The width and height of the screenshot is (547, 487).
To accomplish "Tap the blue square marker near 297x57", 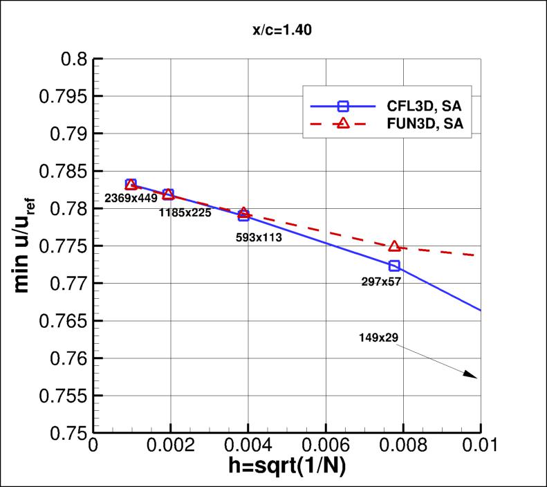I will click(394, 266).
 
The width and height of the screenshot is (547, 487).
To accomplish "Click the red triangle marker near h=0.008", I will click(394, 246).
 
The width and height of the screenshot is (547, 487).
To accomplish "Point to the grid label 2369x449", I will click(131, 198).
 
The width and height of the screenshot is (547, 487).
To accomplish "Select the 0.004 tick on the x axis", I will click(247, 447).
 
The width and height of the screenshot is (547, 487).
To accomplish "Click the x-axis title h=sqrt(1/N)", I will click(288, 467).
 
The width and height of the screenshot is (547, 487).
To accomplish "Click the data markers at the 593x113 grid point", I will click(243, 214).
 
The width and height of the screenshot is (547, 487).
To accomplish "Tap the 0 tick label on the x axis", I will click(93, 447).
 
